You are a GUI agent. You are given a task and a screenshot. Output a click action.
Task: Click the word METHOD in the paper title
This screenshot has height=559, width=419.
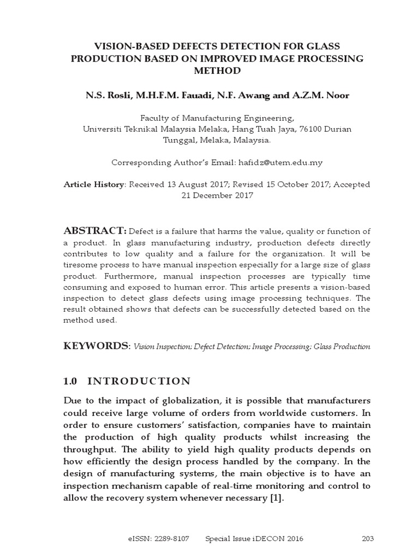pyautogui.click(x=217, y=71)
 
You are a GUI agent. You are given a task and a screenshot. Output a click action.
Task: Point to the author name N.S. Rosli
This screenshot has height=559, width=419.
pyautogui.click(x=106, y=96)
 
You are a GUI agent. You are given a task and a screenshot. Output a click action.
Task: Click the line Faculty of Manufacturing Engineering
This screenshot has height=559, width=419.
pyautogui.click(x=217, y=117)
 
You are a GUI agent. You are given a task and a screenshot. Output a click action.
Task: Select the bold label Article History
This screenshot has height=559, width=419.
pyautogui.click(x=94, y=185)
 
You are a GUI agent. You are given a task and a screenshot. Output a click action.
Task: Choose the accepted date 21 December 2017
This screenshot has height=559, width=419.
pyautogui.click(x=217, y=195)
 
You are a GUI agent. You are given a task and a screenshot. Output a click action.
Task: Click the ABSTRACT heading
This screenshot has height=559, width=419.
pyautogui.click(x=95, y=231)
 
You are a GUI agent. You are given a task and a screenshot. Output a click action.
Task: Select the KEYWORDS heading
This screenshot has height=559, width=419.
pyautogui.click(x=97, y=346)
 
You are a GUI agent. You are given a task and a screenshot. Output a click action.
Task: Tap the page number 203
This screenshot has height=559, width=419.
pyautogui.click(x=367, y=539)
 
